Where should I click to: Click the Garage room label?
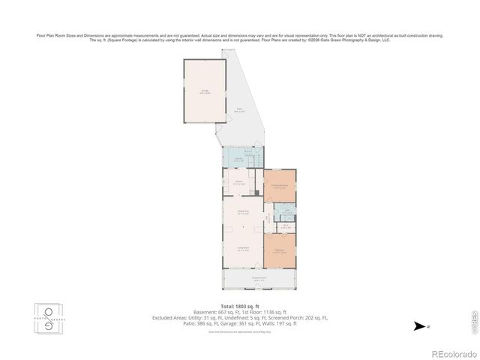(x=205, y=91)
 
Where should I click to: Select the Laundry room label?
(x=238, y=160)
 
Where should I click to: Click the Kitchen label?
(x=240, y=182)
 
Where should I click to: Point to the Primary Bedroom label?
(x=280, y=186)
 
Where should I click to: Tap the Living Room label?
(x=242, y=250)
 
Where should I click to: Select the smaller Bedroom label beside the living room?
(x=280, y=250)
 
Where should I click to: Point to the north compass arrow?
(x=421, y=326)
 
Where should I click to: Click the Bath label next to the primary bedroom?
(x=286, y=212)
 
